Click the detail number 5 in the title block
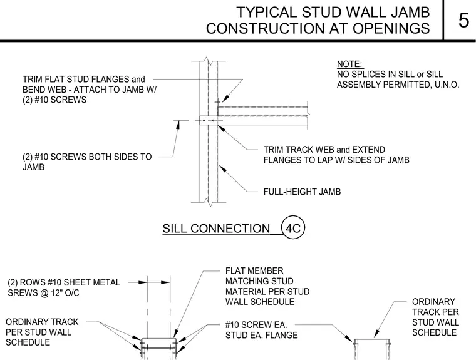(x=463, y=21)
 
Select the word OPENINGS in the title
(x=391, y=29)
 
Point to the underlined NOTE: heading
(x=350, y=64)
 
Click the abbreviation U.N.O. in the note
(x=447, y=85)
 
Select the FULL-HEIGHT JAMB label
(x=302, y=192)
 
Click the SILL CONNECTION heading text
(x=216, y=229)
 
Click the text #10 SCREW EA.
(x=256, y=325)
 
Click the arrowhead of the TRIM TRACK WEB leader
(x=221, y=128)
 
